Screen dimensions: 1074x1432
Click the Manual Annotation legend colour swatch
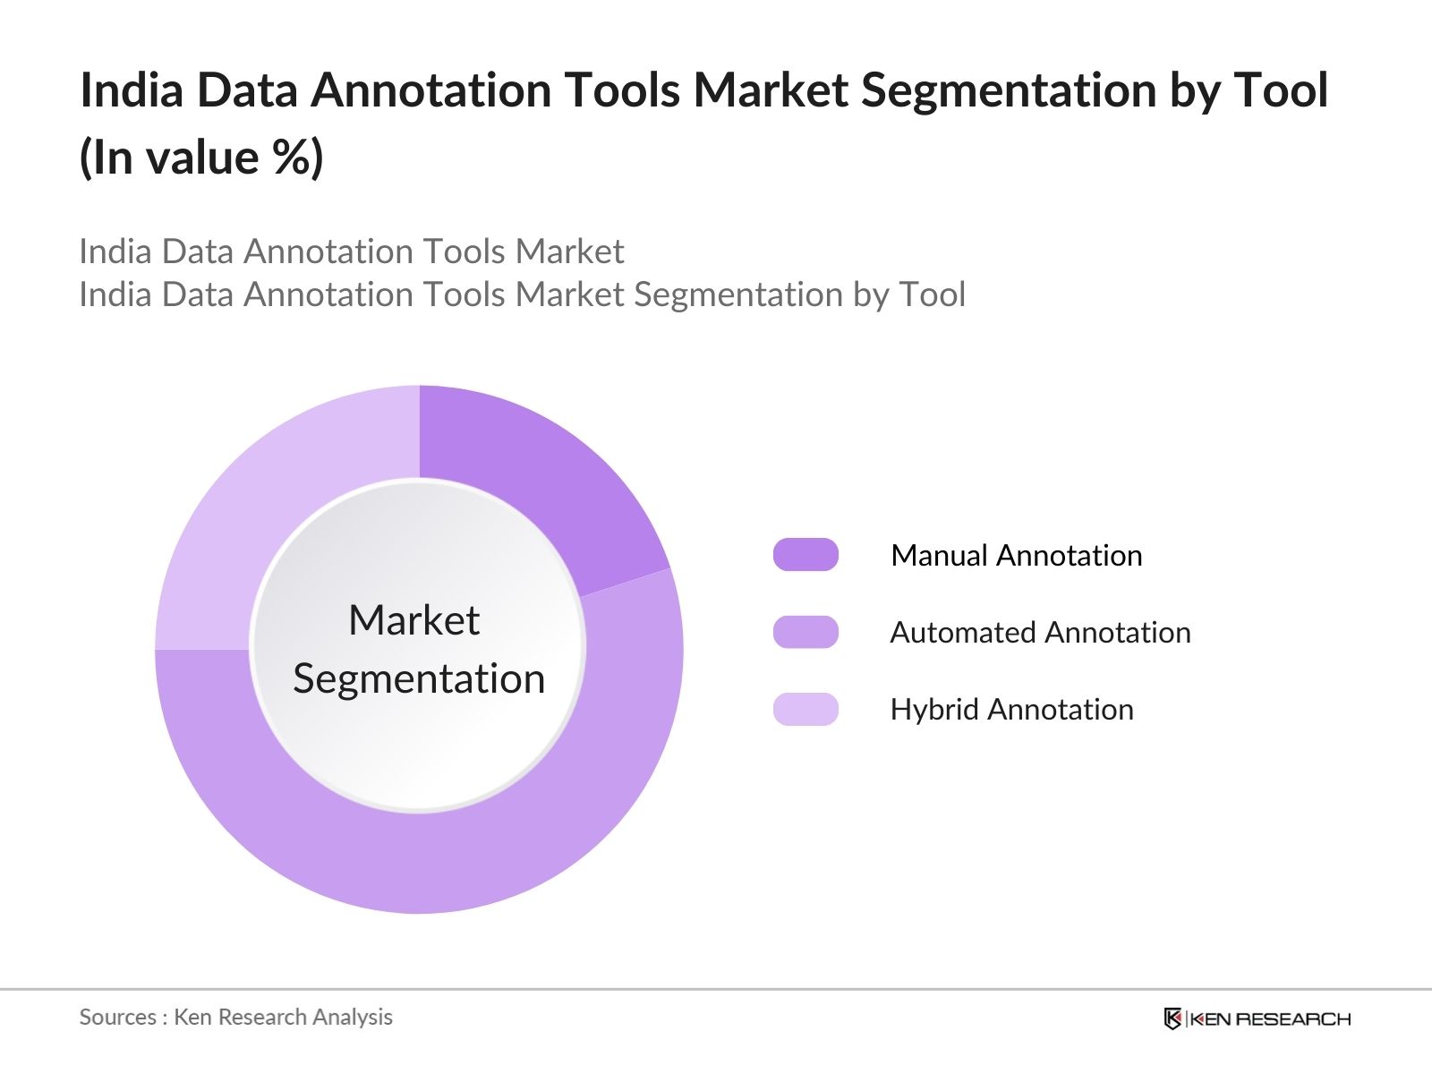[x=805, y=555]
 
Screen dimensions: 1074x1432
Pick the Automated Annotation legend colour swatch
[x=805, y=632]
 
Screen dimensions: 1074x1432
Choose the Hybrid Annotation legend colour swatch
[x=805, y=709]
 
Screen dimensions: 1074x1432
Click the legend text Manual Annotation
[x=1016, y=556]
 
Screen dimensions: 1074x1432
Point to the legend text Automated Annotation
[x=1040, y=633]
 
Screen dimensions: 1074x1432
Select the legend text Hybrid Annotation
[x=1011, y=710]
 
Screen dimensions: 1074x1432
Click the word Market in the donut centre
[x=413, y=620]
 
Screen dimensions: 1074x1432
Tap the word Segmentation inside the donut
[x=419, y=678]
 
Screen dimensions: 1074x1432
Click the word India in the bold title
[x=132, y=90]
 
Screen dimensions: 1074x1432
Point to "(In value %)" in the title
[x=201, y=158]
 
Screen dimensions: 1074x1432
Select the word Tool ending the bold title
[x=1281, y=90]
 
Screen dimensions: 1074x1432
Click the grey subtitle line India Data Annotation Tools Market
[x=351, y=251]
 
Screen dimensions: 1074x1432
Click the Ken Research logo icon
[x=1172, y=1019]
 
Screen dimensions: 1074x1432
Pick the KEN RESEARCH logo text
[x=1270, y=1019]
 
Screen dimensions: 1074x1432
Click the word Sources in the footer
[x=117, y=1018]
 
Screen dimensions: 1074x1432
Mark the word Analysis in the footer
[x=358, y=1018]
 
